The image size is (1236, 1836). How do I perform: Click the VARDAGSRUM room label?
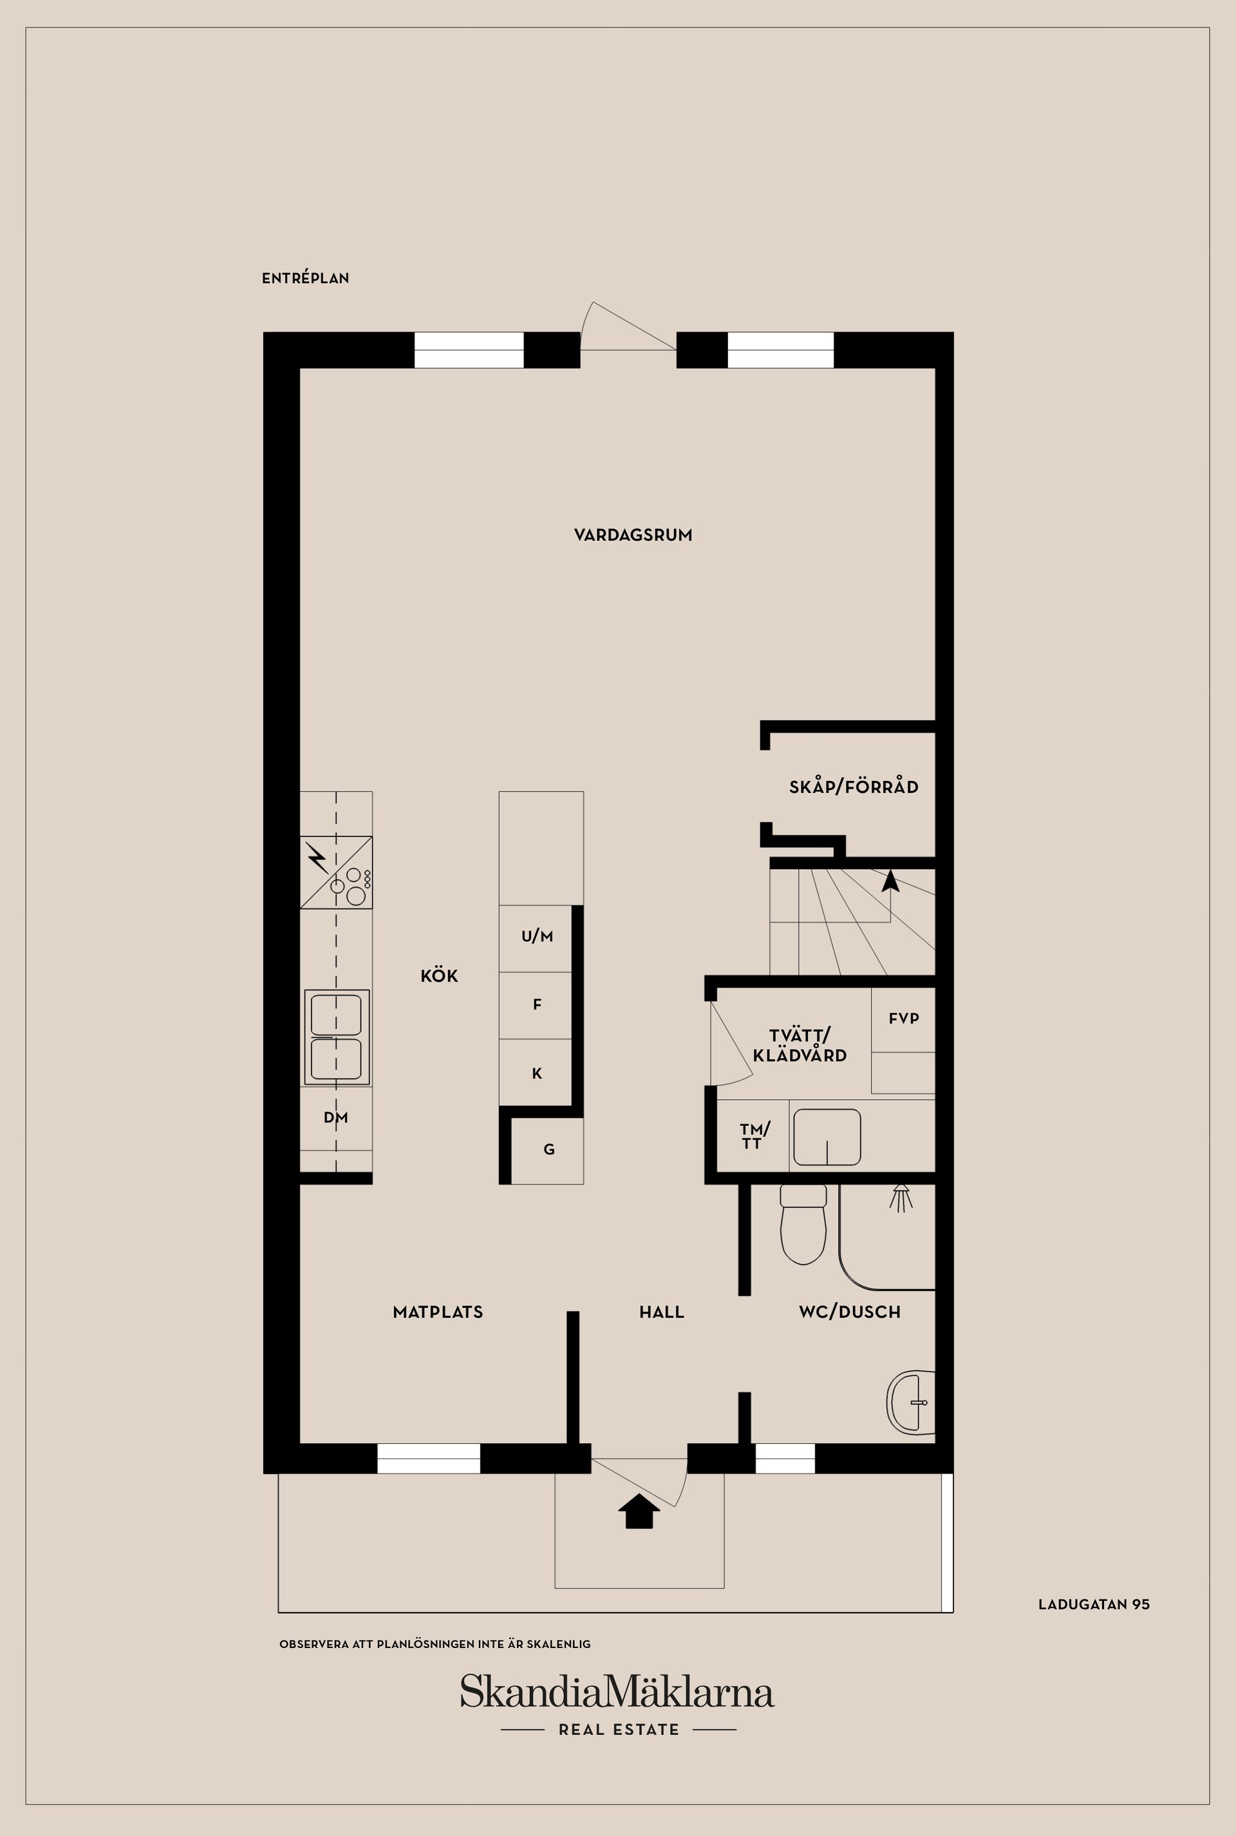(633, 535)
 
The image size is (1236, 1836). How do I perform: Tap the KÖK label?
(439, 976)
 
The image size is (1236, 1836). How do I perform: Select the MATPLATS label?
(438, 1312)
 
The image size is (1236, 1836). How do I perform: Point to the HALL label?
(661, 1312)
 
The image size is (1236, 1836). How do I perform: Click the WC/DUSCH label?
(849, 1312)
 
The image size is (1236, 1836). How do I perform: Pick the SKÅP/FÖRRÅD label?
(854, 787)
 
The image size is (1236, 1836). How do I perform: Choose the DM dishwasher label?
(336, 1117)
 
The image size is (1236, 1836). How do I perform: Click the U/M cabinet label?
(537, 937)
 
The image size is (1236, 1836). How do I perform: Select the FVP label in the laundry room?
(903, 1018)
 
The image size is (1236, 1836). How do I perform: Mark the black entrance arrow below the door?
(639, 1511)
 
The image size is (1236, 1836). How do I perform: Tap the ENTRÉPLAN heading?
(305, 278)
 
